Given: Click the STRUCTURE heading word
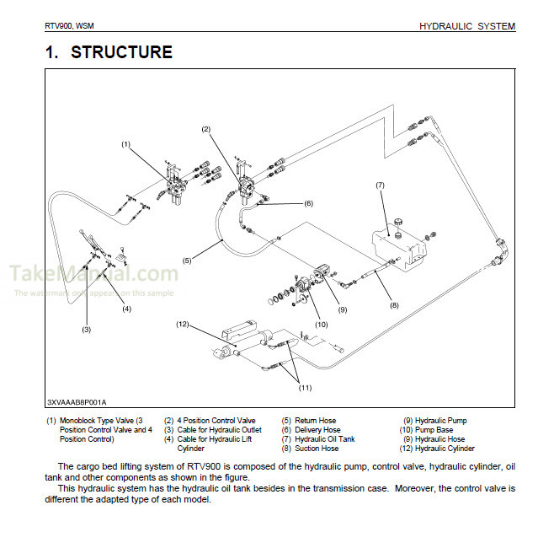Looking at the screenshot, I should tap(121, 52).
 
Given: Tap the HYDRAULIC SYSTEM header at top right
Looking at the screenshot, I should tap(466, 26).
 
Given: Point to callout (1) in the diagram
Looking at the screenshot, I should tap(125, 144).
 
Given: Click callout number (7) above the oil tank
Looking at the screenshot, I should tap(380, 185).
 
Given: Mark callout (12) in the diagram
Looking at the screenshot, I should tap(182, 324).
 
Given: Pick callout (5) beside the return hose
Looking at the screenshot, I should tap(187, 261).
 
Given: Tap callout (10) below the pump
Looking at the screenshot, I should tap(321, 323).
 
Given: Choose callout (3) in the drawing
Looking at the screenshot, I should tap(86, 329).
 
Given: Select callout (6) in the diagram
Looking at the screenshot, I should tap(308, 203).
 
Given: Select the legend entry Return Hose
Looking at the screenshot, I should tap(315, 420).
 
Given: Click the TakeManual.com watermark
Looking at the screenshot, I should tap(93, 274).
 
